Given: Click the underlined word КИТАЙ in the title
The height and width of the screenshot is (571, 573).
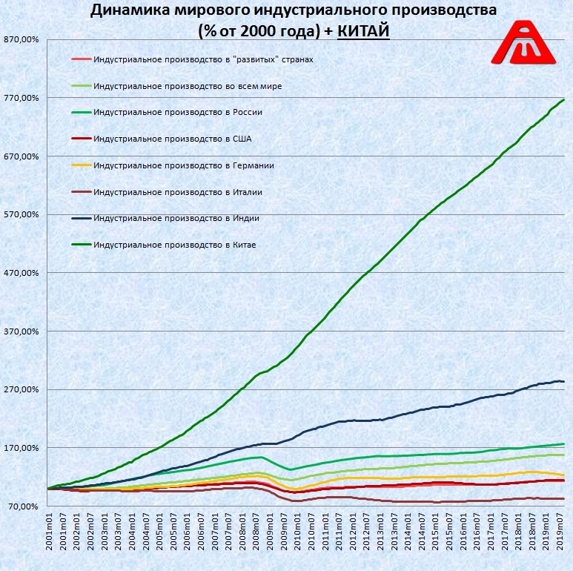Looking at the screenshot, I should coord(363,32).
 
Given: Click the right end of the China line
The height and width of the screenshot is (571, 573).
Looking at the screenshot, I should coord(564,99).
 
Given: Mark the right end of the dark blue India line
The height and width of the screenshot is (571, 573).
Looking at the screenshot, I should coord(564,381).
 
